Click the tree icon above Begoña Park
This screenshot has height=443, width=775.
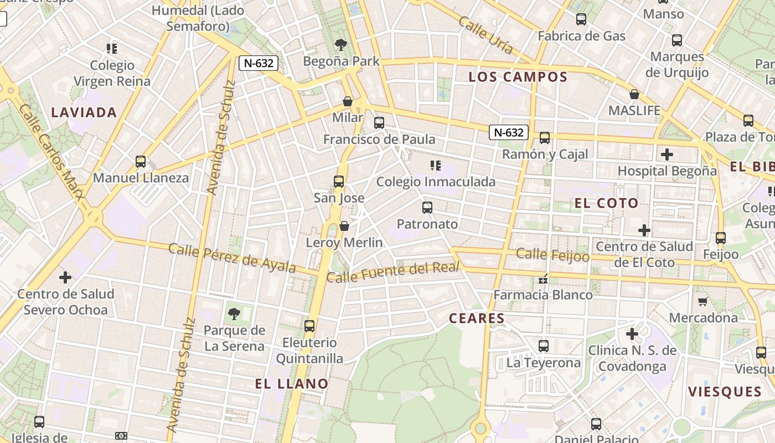point(341,45)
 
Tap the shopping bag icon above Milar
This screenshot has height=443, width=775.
point(348,101)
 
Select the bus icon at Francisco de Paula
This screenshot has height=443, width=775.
point(379,123)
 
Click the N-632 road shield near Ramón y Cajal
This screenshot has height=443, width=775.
point(509,132)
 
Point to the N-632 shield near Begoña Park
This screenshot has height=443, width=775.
point(259,63)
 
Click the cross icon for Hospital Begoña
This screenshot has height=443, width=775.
point(667,154)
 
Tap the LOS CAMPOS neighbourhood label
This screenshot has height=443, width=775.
point(518,77)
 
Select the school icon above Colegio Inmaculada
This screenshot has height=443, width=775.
point(436,165)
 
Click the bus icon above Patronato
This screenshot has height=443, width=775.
point(427,208)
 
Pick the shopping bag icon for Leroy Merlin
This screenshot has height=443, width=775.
point(344,226)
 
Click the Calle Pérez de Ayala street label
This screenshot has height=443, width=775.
point(232,257)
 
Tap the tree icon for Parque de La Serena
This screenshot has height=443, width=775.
point(234,314)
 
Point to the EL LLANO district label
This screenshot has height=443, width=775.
point(292,383)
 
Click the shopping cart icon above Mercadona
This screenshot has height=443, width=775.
point(703,301)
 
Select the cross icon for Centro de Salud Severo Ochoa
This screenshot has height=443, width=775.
point(65,277)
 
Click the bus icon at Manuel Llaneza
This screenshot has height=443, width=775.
point(141,162)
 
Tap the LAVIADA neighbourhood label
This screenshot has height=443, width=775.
point(84,112)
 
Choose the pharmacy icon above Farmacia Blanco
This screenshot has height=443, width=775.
point(543,279)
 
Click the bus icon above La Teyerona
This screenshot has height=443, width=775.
point(544,346)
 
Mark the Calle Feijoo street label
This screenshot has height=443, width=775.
point(552,255)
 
